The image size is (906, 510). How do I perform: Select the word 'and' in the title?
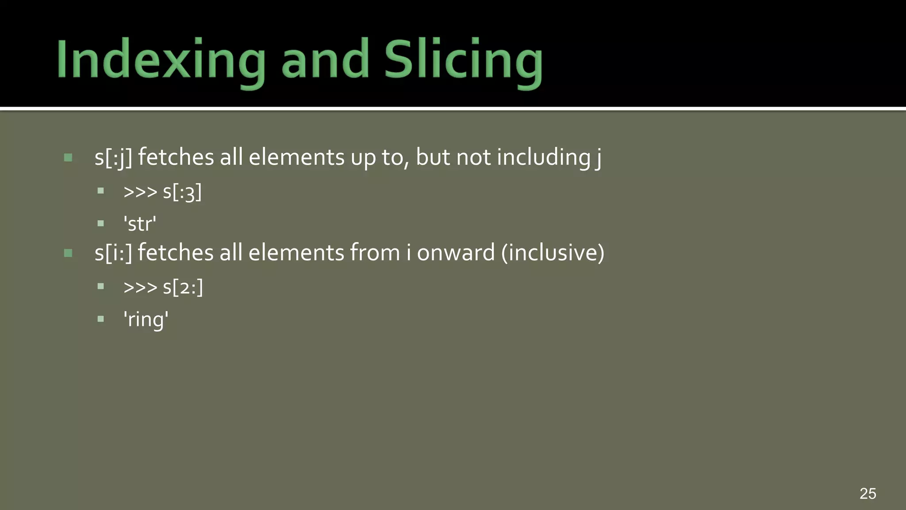coord(325,60)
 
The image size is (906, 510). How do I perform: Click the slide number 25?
coord(868,493)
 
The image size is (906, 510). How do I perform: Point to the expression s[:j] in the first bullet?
coord(113,158)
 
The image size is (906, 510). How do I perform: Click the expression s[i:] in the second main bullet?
coord(113,253)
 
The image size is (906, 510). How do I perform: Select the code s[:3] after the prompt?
coord(182,193)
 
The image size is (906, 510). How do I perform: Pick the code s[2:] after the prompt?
coord(183,288)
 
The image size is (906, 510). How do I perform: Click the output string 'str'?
coord(140,224)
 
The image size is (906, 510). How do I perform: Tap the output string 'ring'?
coord(146,320)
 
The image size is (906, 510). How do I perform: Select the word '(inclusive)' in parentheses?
coord(553,253)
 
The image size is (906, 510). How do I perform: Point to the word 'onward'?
coord(456,253)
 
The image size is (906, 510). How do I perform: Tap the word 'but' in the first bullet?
coord(433,158)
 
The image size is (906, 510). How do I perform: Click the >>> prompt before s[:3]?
coord(140,193)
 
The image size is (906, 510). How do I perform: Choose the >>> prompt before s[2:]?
coord(140,288)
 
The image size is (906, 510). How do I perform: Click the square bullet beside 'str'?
coord(101,224)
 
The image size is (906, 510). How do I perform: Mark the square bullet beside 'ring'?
coord(101,319)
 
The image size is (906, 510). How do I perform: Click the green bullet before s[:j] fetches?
coord(68,158)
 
